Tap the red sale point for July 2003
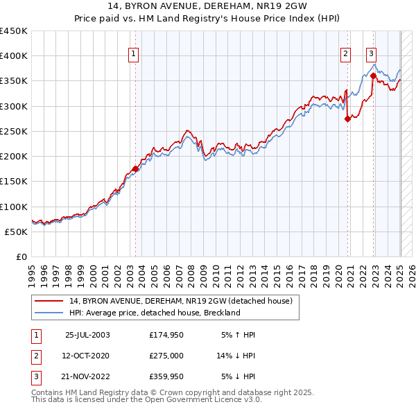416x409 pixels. point(135,168)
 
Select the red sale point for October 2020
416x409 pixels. point(347,119)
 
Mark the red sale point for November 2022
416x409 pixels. point(373,76)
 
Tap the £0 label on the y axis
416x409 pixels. point(21,256)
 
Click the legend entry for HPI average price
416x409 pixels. point(154,313)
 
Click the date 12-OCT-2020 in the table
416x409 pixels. point(87,356)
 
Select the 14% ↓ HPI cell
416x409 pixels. point(236,356)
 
